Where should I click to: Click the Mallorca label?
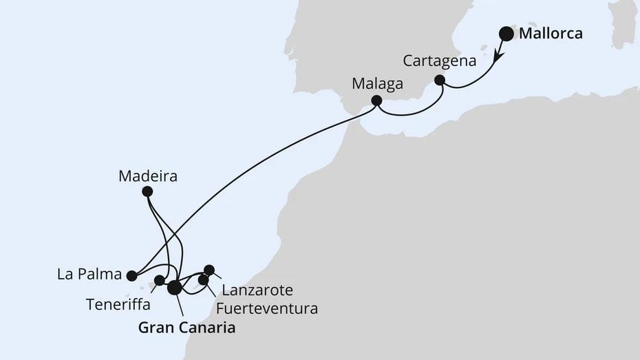click(x=551, y=32)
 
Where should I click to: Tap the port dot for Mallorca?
click(x=506, y=32)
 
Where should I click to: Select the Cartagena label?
click(x=440, y=61)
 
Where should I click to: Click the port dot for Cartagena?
click(x=440, y=81)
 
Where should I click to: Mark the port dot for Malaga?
click(x=376, y=100)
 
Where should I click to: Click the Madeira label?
click(x=148, y=176)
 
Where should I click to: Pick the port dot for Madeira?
click(x=147, y=192)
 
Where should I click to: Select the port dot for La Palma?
click(x=131, y=275)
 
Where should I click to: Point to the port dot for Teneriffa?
click(x=160, y=280)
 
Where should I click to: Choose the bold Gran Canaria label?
click(x=186, y=328)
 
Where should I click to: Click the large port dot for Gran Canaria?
click(x=175, y=287)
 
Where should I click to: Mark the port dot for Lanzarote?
click(x=209, y=270)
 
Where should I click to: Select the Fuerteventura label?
click(x=266, y=308)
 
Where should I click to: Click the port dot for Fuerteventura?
click(x=203, y=279)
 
